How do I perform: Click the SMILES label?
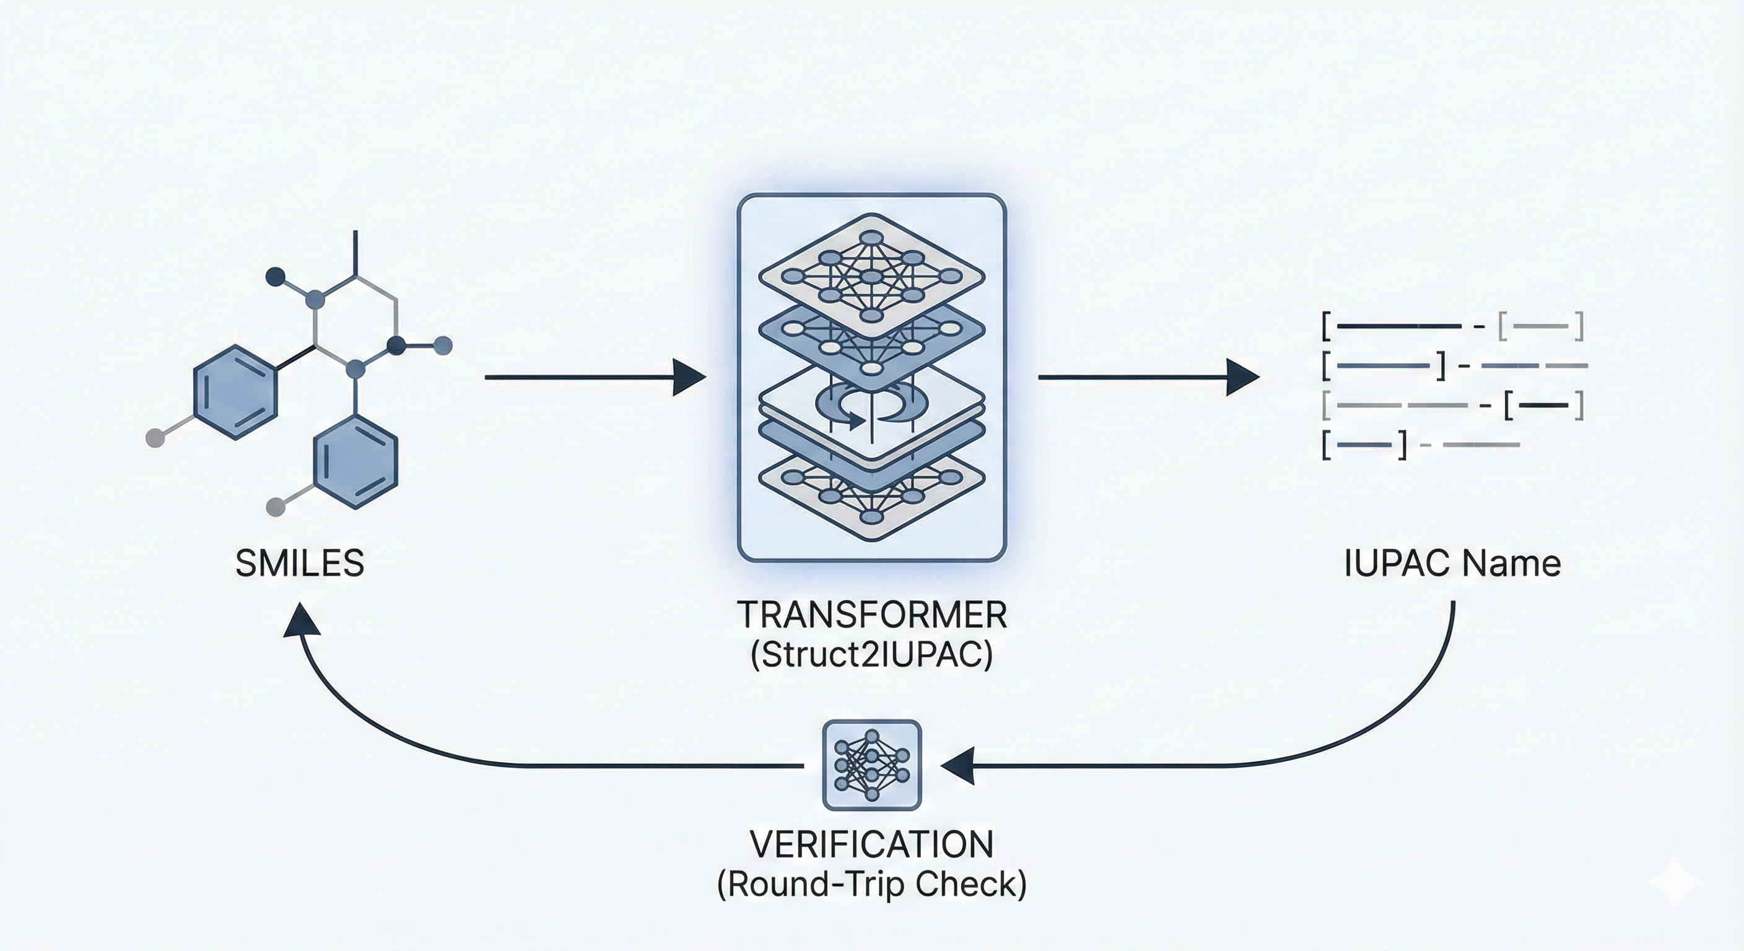click(x=299, y=564)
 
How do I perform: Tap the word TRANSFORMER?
click(x=871, y=615)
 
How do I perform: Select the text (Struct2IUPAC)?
click(x=871, y=654)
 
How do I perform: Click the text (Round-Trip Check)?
click(x=871, y=884)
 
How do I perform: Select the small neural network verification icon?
click(x=871, y=765)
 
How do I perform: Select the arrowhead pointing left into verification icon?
click(x=957, y=765)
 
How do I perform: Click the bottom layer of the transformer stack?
click(x=871, y=498)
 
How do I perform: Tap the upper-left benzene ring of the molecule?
click(x=235, y=393)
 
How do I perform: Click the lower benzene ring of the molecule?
click(x=355, y=462)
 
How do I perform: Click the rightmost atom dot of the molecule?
click(x=442, y=345)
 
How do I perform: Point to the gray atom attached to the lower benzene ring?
click(x=276, y=506)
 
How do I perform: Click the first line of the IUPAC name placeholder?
click(x=1452, y=327)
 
